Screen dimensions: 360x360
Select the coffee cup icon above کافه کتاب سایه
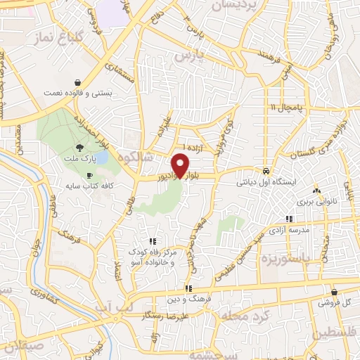[x=89, y=174]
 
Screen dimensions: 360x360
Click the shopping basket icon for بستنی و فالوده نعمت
[x=86, y=82]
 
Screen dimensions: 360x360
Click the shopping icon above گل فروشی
[x=333, y=291]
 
